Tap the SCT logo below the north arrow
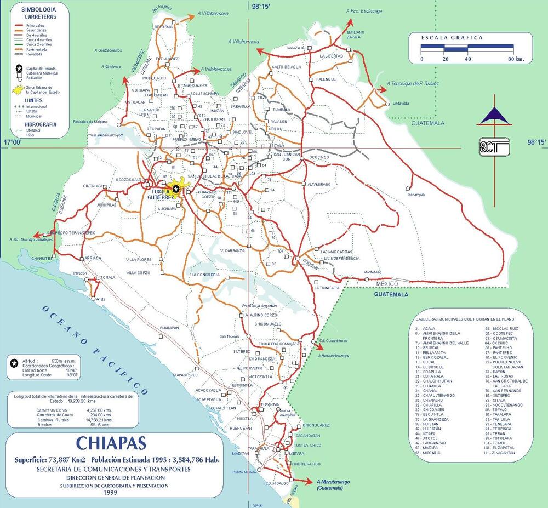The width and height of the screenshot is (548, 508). pyautogui.click(x=494, y=146)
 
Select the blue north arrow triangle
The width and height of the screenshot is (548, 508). pyautogui.click(x=494, y=115)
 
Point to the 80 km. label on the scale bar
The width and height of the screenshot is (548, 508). pyautogui.click(x=515, y=59)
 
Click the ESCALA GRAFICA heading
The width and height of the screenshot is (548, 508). pyautogui.click(x=452, y=38)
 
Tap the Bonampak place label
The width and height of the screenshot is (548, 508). pyautogui.click(x=416, y=194)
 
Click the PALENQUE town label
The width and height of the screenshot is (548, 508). pyautogui.click(x=327, y=79)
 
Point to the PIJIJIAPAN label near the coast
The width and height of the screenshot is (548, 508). pyautogui.click(x=170, y=327)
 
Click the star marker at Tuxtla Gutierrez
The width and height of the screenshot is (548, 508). pyautogui.click(x=175, y=189)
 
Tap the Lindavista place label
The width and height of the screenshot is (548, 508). pyautogui.click(x=402, y=103)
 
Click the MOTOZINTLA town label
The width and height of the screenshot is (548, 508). pyautogui.click(x=261, y=377)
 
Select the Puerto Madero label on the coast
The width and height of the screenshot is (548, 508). pyautogui.click(x=244, y=472)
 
